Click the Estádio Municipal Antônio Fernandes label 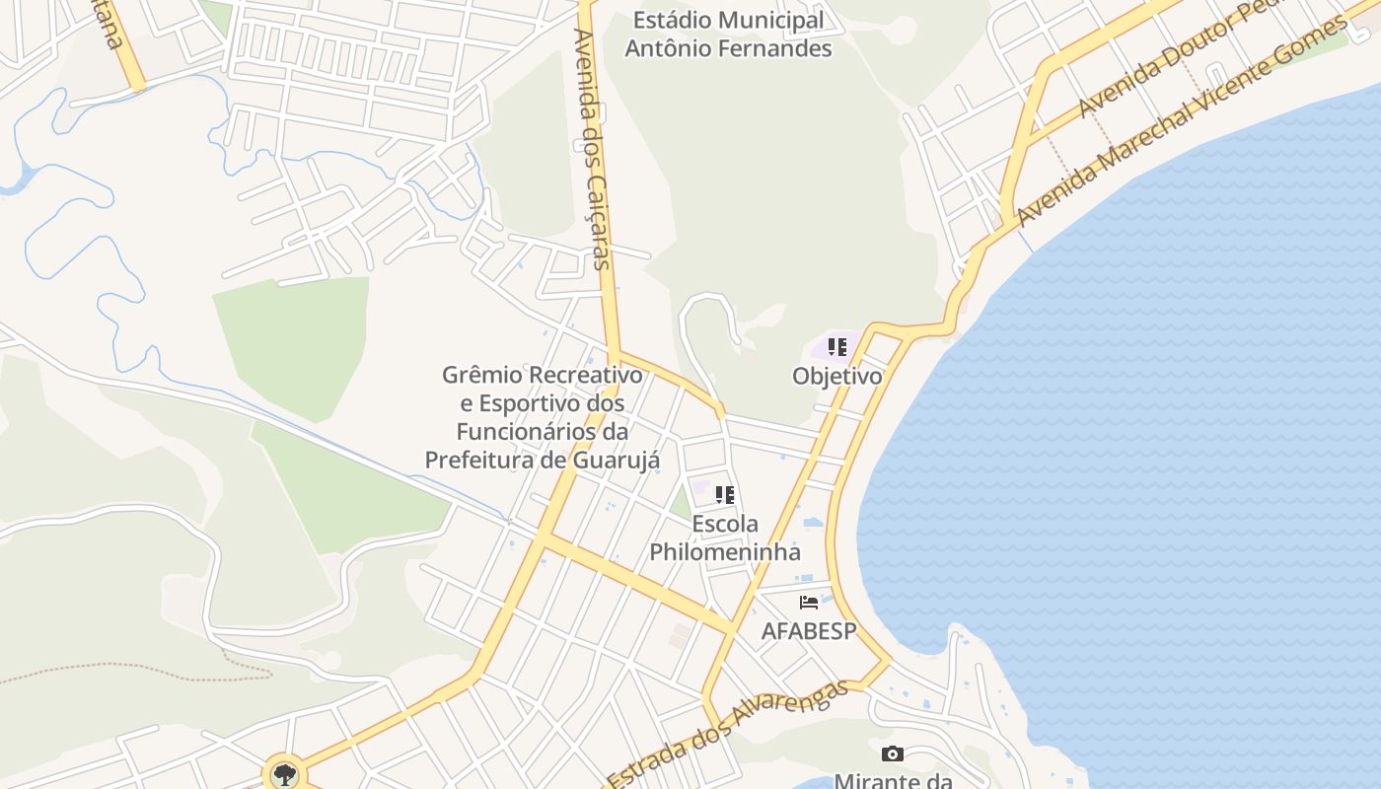click(x=728, y=34)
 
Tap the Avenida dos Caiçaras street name click(x=594, y=148)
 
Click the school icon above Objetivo click(x=836, y=347)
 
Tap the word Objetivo click(x=836, y=376)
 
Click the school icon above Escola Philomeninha click(x=725, y=495)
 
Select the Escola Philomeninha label click(x=725, y=538)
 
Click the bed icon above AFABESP click(x=809, y=603)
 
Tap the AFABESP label click(x=808, y=630)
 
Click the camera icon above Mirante click(x=892, y=754)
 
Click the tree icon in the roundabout click(x=284, y=774)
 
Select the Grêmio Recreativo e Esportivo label click(x=542, y=389)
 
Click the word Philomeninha click(x=725, y=551)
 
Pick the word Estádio click(x=672, y=20)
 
